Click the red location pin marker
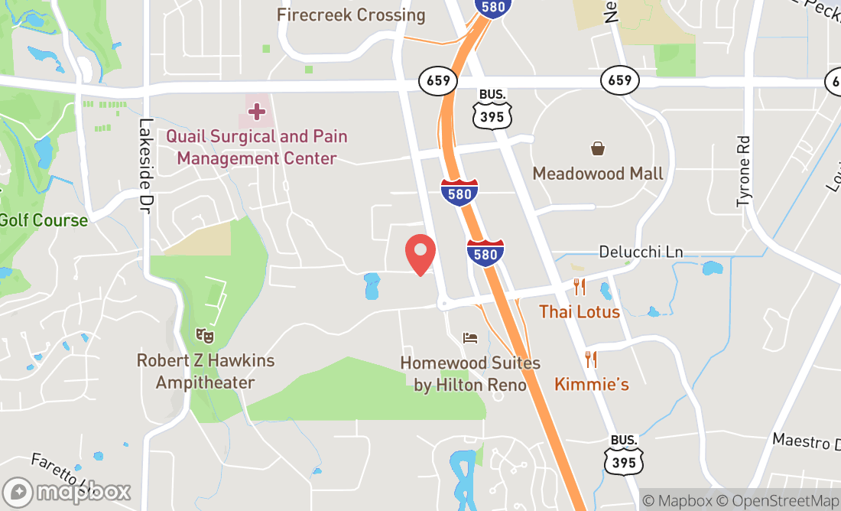420,255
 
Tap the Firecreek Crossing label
351,15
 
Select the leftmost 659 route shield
438,80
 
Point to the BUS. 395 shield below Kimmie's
624,453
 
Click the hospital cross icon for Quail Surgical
257,112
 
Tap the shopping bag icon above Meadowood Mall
598,148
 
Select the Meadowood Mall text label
598,174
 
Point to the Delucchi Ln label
641,251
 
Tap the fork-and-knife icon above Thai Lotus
580,287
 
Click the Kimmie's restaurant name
592,383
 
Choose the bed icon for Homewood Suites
470,337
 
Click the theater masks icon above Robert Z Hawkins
204,334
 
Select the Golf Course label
44,220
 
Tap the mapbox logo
67,491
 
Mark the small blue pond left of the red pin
372,286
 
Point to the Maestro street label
806,441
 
